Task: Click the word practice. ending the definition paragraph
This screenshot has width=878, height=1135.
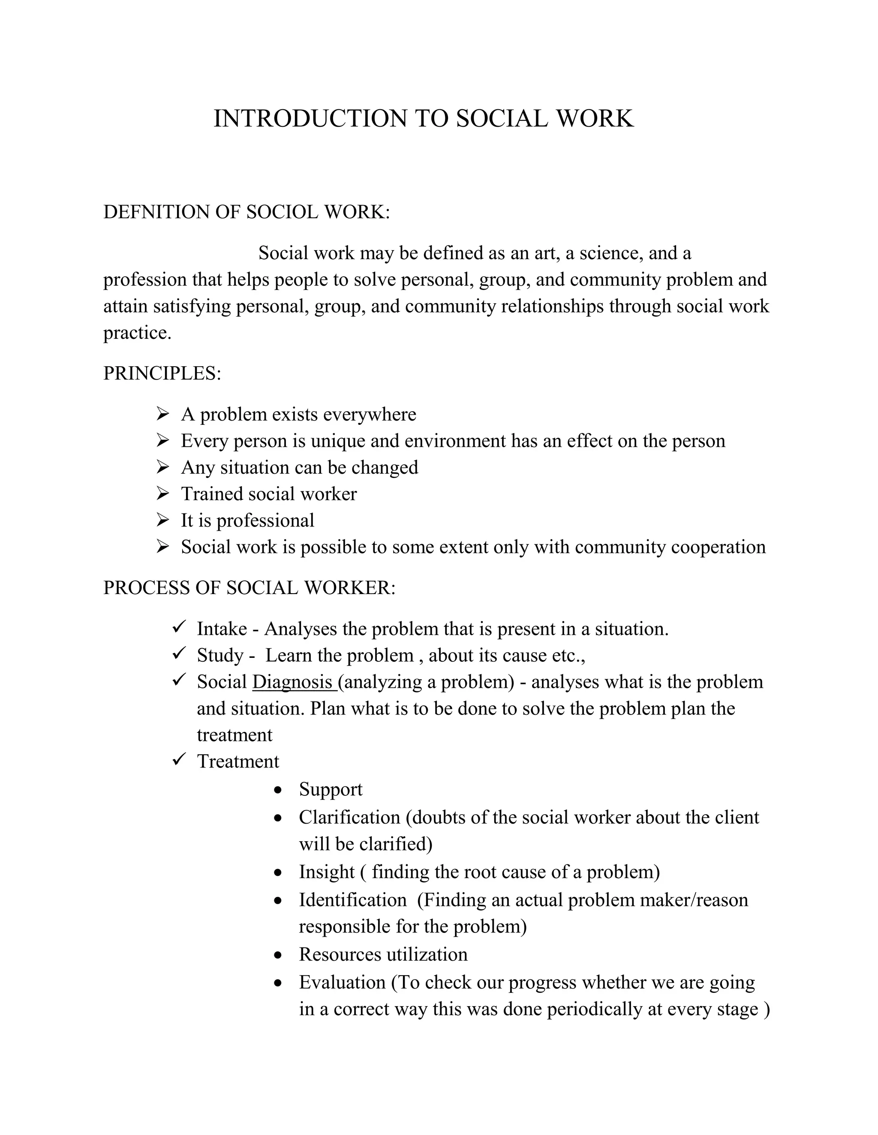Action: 137,333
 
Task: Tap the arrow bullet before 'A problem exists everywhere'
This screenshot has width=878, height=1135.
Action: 163,414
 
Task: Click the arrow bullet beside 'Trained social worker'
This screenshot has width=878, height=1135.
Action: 163,494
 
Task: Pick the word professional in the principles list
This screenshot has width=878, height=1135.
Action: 265,520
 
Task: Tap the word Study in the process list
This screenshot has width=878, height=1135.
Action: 220,655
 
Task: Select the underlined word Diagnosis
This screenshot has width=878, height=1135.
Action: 292,682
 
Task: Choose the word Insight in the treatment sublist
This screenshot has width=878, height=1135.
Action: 327,872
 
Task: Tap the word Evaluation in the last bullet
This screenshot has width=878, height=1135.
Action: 342,982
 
